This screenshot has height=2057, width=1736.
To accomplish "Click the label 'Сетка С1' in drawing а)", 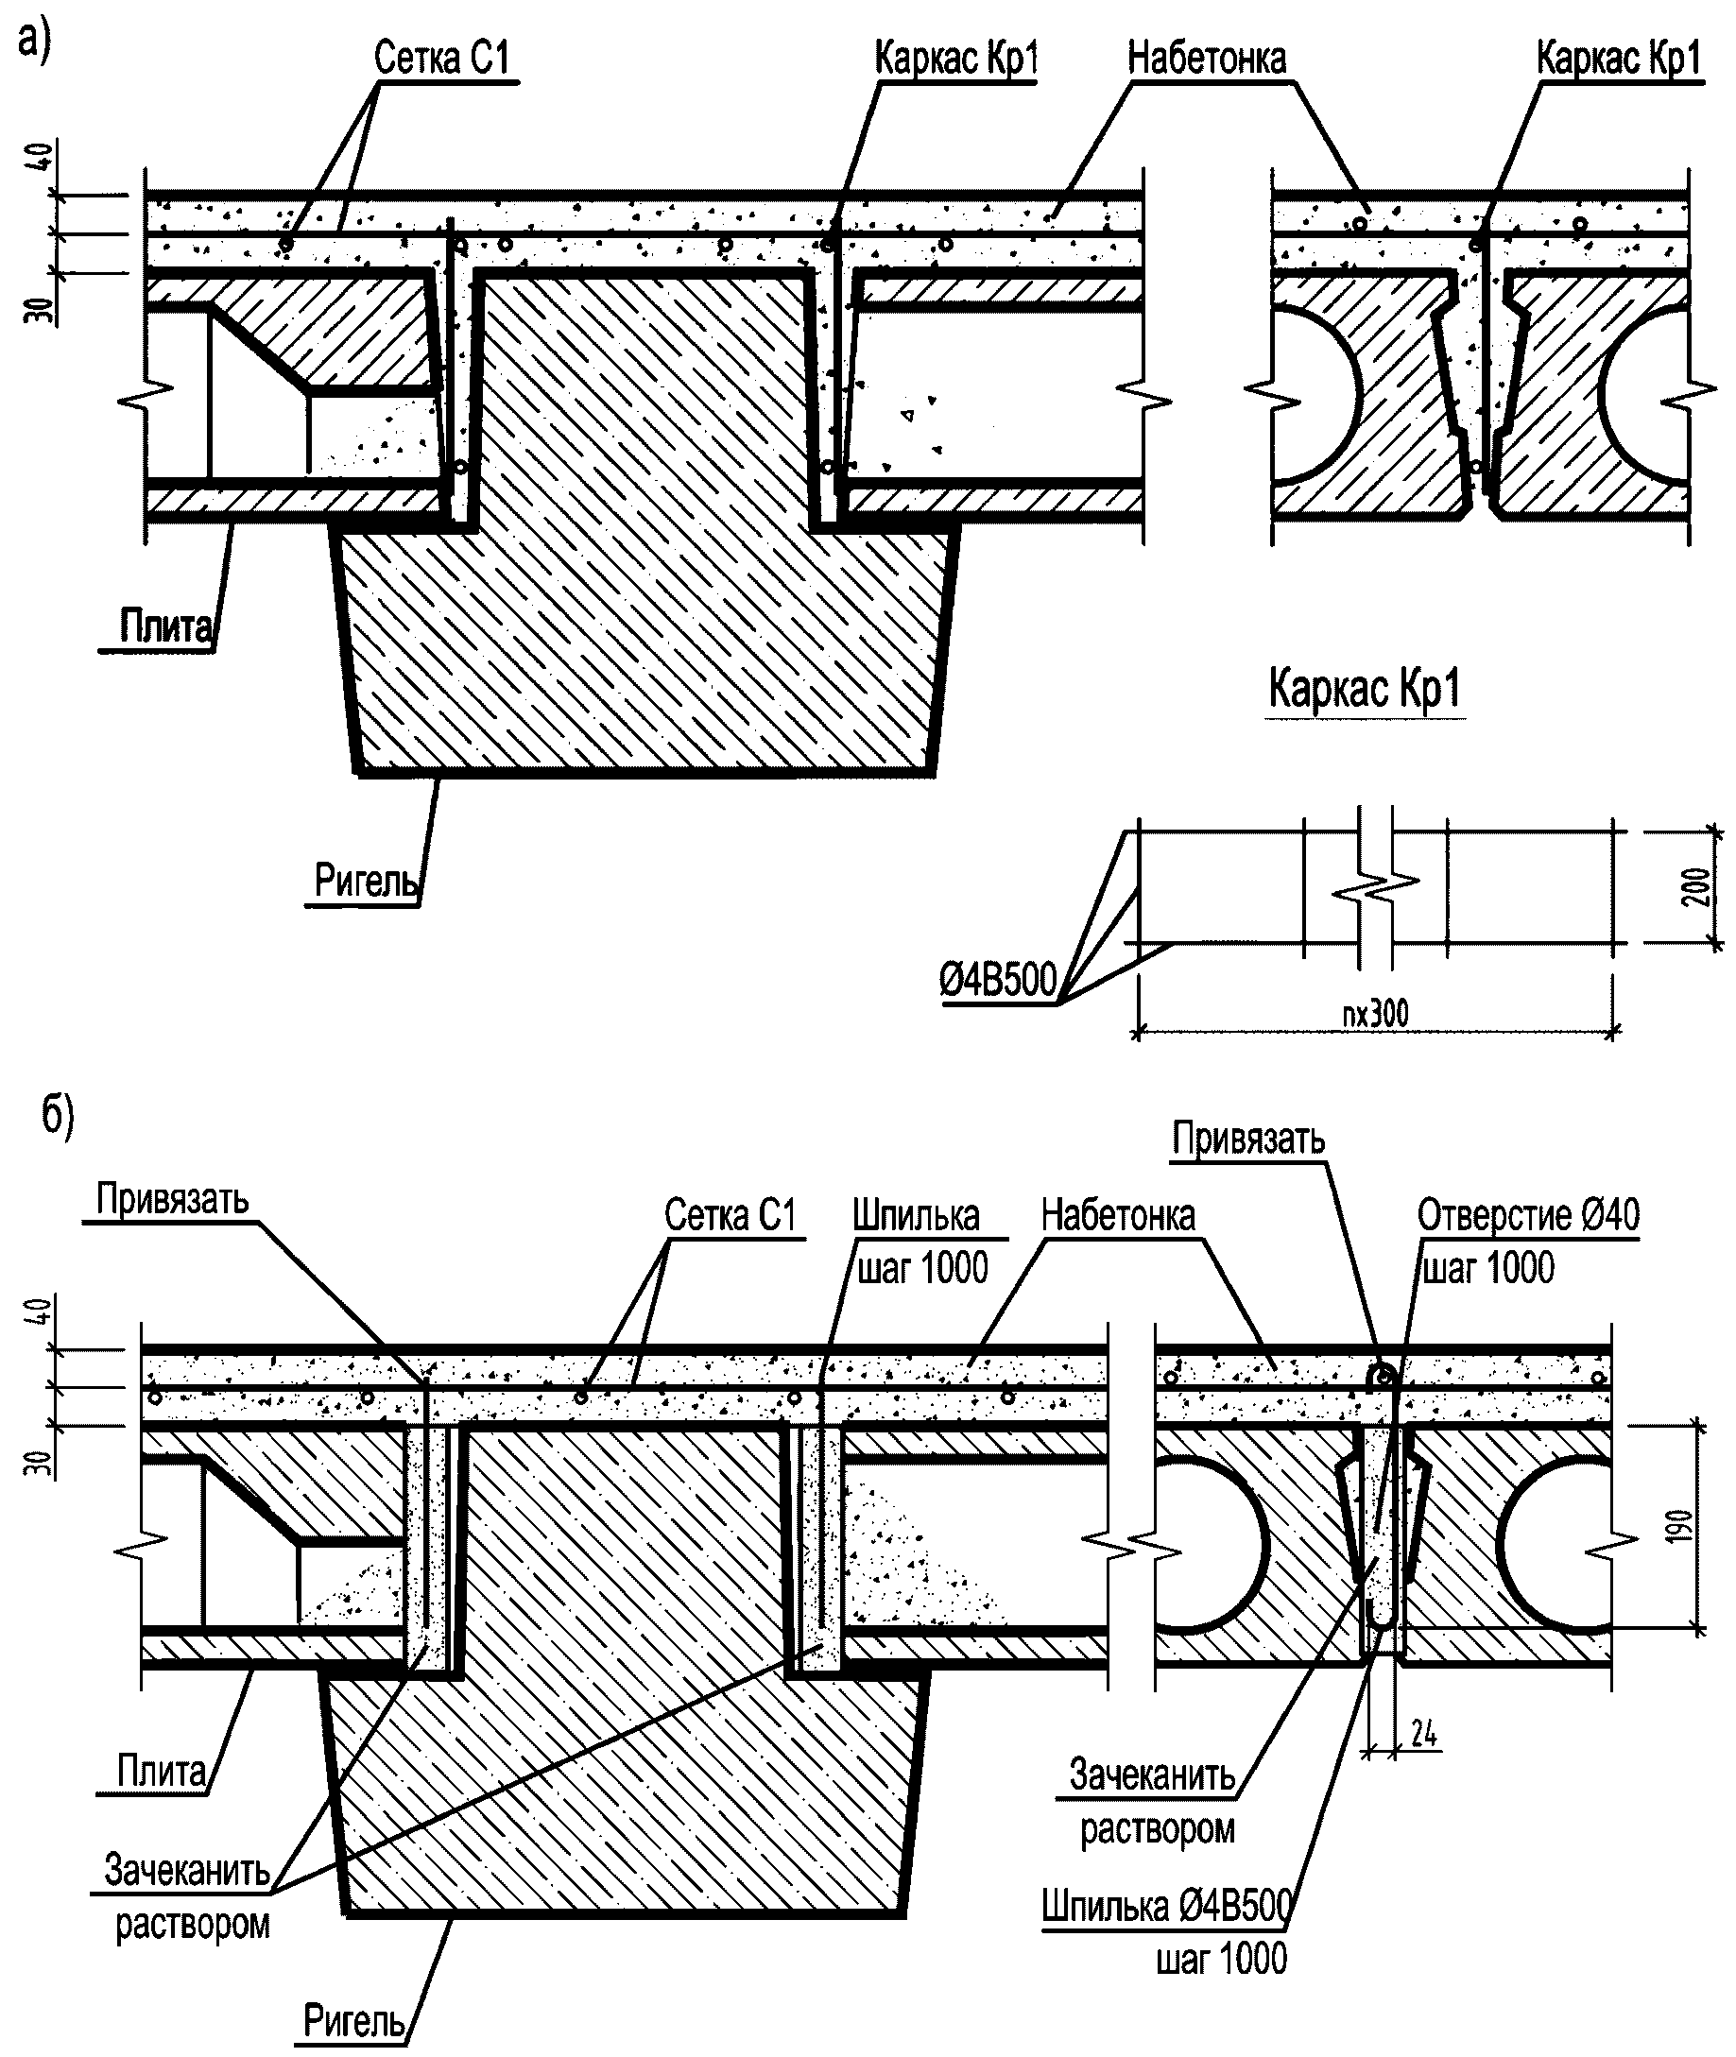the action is [442, 58].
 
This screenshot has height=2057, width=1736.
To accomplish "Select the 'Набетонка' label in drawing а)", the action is [1207, 58].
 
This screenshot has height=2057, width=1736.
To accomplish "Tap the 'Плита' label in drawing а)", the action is [165, 626].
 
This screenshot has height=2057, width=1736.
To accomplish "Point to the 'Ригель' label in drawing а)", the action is [366, 880].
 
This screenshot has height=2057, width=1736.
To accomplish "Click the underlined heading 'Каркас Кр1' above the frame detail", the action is [1365, 688].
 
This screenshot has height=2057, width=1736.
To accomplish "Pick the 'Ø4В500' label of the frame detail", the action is [998, 980].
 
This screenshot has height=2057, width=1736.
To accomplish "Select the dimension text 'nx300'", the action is [1376, 1013].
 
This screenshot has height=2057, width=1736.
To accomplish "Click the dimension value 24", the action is [1424, 1735].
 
